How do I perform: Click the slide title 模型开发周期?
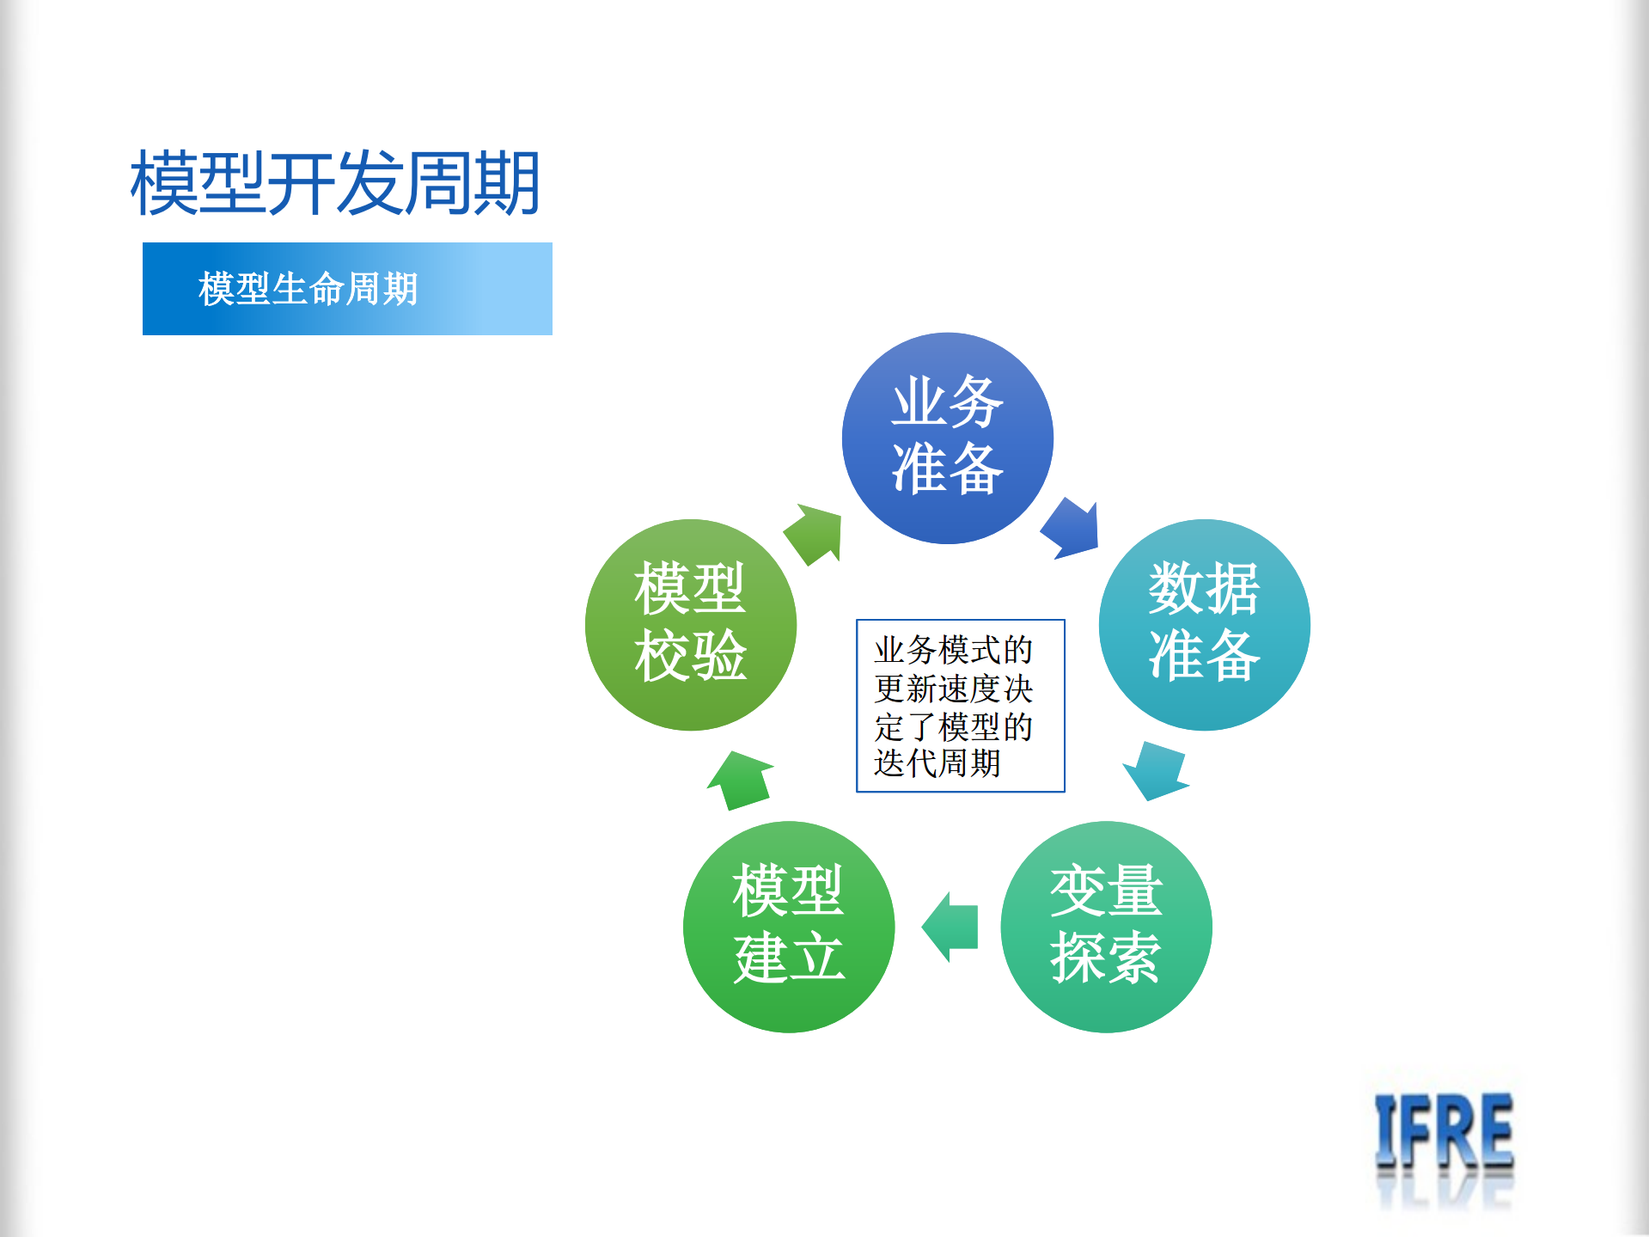[x=335, y=182]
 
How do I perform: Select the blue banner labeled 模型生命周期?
[x=347, y=289]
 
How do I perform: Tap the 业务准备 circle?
[x=947, y=438]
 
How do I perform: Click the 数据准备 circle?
[x=1204, y=624]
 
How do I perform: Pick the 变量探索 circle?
[x=1106, y=926]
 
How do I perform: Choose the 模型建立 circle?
[x=788, y=926]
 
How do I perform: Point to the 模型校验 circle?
[x=690, y=624]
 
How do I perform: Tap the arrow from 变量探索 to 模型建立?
[x=950, y=927]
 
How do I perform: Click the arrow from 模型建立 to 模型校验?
[x=740, y=781]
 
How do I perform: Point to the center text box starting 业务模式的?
[x=960, y=705]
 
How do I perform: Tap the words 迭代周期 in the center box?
[x=937, y=763]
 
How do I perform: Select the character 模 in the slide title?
[x=163, y=182]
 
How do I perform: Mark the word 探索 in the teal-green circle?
[x=1106, y=958]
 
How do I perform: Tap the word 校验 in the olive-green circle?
[x=690, y=656]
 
